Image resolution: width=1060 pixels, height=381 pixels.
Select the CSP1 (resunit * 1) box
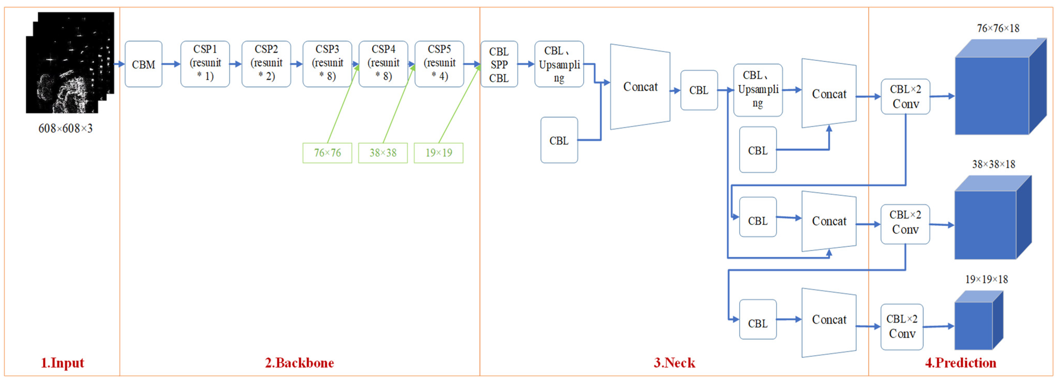pos(205,63)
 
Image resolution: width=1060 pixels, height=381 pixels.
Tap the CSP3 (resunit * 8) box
pos(327,63)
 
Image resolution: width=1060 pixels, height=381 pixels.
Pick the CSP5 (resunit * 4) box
pos(439,63)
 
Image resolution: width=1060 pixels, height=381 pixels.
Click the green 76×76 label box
pos(327,153)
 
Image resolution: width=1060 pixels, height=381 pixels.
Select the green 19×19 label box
pos(438,153)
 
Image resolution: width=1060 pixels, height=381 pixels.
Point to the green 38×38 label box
pos(383,153)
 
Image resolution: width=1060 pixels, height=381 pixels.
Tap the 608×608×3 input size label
pos(66,128)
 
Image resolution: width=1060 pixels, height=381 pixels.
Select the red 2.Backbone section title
pos(299,363)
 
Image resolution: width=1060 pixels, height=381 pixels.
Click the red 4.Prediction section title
pos(960,363)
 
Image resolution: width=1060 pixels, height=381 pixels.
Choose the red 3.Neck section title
pos(674,363)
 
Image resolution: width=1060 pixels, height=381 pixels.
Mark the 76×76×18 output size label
pos(998,28)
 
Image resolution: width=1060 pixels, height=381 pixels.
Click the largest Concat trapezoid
pos(640,87)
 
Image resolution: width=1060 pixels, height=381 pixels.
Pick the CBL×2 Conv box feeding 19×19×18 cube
pos(902,327)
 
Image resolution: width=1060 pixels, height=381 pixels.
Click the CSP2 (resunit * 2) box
pos(266,63)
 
